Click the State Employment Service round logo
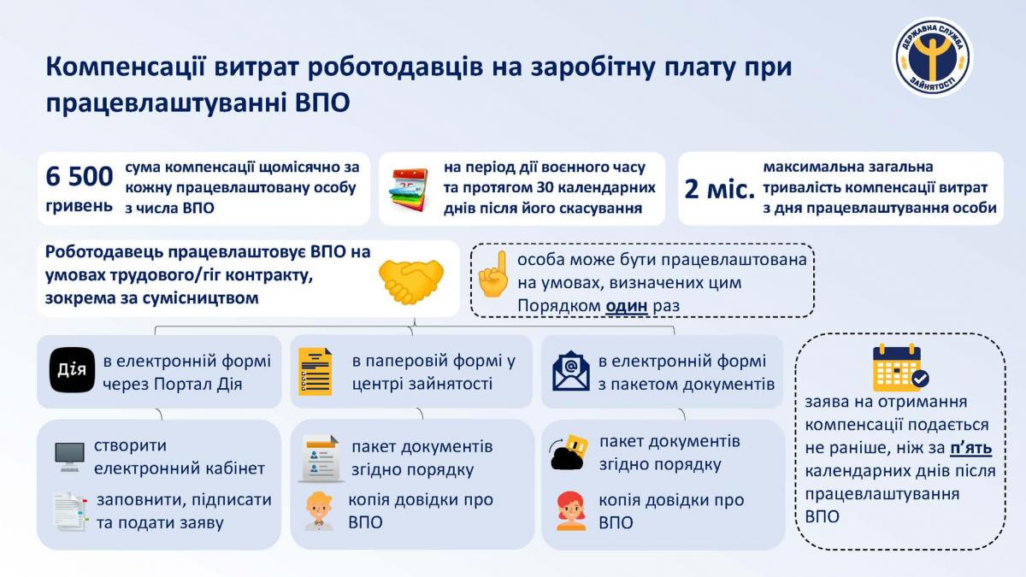[x=933, y=57]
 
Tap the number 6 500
[x=80, y=176]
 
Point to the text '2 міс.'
[x=720, y=189]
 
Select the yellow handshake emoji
[x=411, y=281]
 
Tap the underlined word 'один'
[x=627, y=305]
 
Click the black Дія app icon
[x=72, y=370]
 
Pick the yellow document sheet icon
[x=315, y=371]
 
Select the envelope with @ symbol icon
[x=571, y=371]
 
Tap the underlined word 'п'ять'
[x=971, y=448]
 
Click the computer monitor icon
[x=69, y=456]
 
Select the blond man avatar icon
[x=319, y=511]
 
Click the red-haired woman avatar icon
[x=571, y=511]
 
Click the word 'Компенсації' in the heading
[x=126, y=67]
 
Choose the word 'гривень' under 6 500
[x=79, y=206]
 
